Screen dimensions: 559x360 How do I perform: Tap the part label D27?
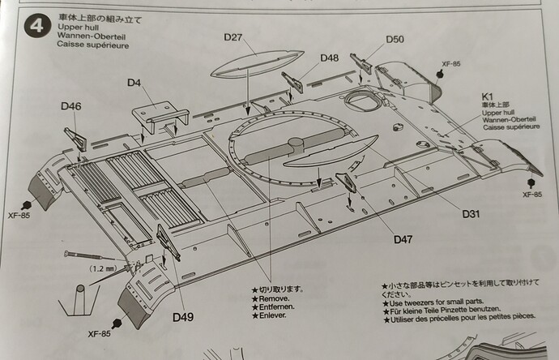233,37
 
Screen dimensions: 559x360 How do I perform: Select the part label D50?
395,39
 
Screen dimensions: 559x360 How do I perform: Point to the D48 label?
329,58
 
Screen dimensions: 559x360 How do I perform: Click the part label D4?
134,83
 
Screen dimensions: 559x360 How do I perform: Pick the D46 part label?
71,106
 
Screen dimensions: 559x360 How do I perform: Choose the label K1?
488,96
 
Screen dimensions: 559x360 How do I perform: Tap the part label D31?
471,214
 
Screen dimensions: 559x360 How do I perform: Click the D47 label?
403,239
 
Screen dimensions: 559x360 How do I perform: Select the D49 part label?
183,317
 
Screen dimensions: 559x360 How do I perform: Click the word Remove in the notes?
273,299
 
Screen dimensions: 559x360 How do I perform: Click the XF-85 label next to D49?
99,334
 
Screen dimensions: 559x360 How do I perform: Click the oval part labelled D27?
257,63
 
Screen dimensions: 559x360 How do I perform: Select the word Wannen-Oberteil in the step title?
92,36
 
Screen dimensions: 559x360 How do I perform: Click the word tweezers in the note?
420,303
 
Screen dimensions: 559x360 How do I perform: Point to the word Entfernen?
276,306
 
